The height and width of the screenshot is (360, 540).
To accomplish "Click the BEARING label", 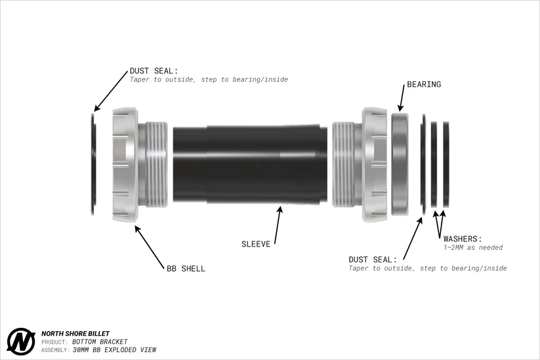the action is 424,85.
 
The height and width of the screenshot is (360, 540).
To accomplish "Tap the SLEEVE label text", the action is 256,244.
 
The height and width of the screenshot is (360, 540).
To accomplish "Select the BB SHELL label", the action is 186,268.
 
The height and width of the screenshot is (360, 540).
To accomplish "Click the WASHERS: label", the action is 463,239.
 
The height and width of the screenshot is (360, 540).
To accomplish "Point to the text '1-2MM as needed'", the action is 473,247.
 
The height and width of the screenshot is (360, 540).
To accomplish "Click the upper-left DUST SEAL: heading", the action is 154,71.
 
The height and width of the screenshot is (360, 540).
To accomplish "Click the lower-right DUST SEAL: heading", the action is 373,260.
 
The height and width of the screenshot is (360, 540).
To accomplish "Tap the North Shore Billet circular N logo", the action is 21,342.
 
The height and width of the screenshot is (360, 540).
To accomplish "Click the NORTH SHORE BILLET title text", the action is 75,334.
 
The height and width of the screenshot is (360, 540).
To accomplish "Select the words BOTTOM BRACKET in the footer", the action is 100,342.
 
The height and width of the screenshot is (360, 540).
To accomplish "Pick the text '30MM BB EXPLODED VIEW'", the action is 114,350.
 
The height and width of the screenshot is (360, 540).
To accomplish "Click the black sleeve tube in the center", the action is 250,165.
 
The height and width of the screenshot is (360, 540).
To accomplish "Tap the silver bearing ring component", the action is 400,165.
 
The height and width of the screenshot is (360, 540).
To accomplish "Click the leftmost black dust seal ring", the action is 93,165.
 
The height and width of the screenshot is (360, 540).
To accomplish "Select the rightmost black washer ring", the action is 446,165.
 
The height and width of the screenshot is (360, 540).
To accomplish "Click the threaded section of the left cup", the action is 157,165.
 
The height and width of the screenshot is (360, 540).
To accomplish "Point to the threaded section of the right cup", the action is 343,165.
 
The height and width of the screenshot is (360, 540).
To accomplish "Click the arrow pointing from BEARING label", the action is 402,98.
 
